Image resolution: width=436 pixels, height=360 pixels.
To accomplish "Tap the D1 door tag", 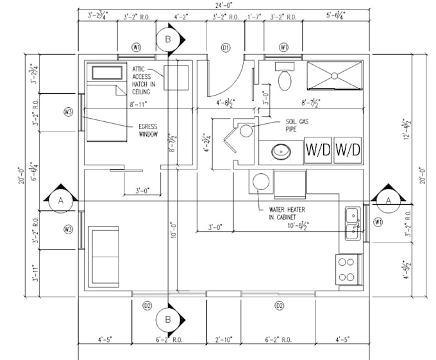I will click(226, 47).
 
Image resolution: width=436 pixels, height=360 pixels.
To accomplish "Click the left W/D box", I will click(317, 150).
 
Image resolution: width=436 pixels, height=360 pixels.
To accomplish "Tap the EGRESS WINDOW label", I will click(147, 130).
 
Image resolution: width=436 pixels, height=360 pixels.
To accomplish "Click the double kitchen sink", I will click(353, 223).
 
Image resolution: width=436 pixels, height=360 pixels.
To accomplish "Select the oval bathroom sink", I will click(280, 153).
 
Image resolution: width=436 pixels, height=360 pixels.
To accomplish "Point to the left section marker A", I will click(60, 201).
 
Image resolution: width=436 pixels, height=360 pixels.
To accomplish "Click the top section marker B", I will click(169, 39).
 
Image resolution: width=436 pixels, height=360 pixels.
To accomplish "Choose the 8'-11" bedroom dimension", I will click(138, 103).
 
